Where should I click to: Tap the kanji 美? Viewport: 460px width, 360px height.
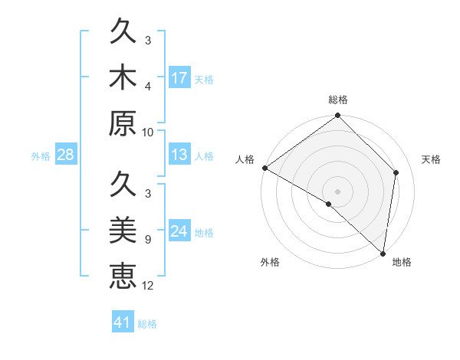[123, 229]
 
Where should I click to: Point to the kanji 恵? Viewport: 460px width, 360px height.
[123, 274]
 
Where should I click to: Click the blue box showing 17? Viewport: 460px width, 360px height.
[179, 78]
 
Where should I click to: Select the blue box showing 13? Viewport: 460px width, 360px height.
[179, 155]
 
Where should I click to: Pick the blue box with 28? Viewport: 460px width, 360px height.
[65, 155]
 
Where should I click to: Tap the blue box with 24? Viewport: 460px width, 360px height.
[179, 231]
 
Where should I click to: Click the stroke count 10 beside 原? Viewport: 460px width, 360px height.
[148, 131]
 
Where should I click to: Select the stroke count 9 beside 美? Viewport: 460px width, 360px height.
[148, 239]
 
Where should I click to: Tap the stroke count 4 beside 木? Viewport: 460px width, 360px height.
[148, 86]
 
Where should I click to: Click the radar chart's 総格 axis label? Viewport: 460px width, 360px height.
[338, 100]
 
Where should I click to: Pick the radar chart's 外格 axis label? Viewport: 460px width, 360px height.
[270, 262]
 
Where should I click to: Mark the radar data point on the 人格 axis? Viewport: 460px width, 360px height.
[264, 168]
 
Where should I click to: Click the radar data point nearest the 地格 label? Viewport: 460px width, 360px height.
[383, 252]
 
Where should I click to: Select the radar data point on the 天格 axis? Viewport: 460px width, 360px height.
[396, 172]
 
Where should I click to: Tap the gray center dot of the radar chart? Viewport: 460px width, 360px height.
[338, 191]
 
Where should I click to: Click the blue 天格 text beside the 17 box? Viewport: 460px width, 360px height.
[203, 79]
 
